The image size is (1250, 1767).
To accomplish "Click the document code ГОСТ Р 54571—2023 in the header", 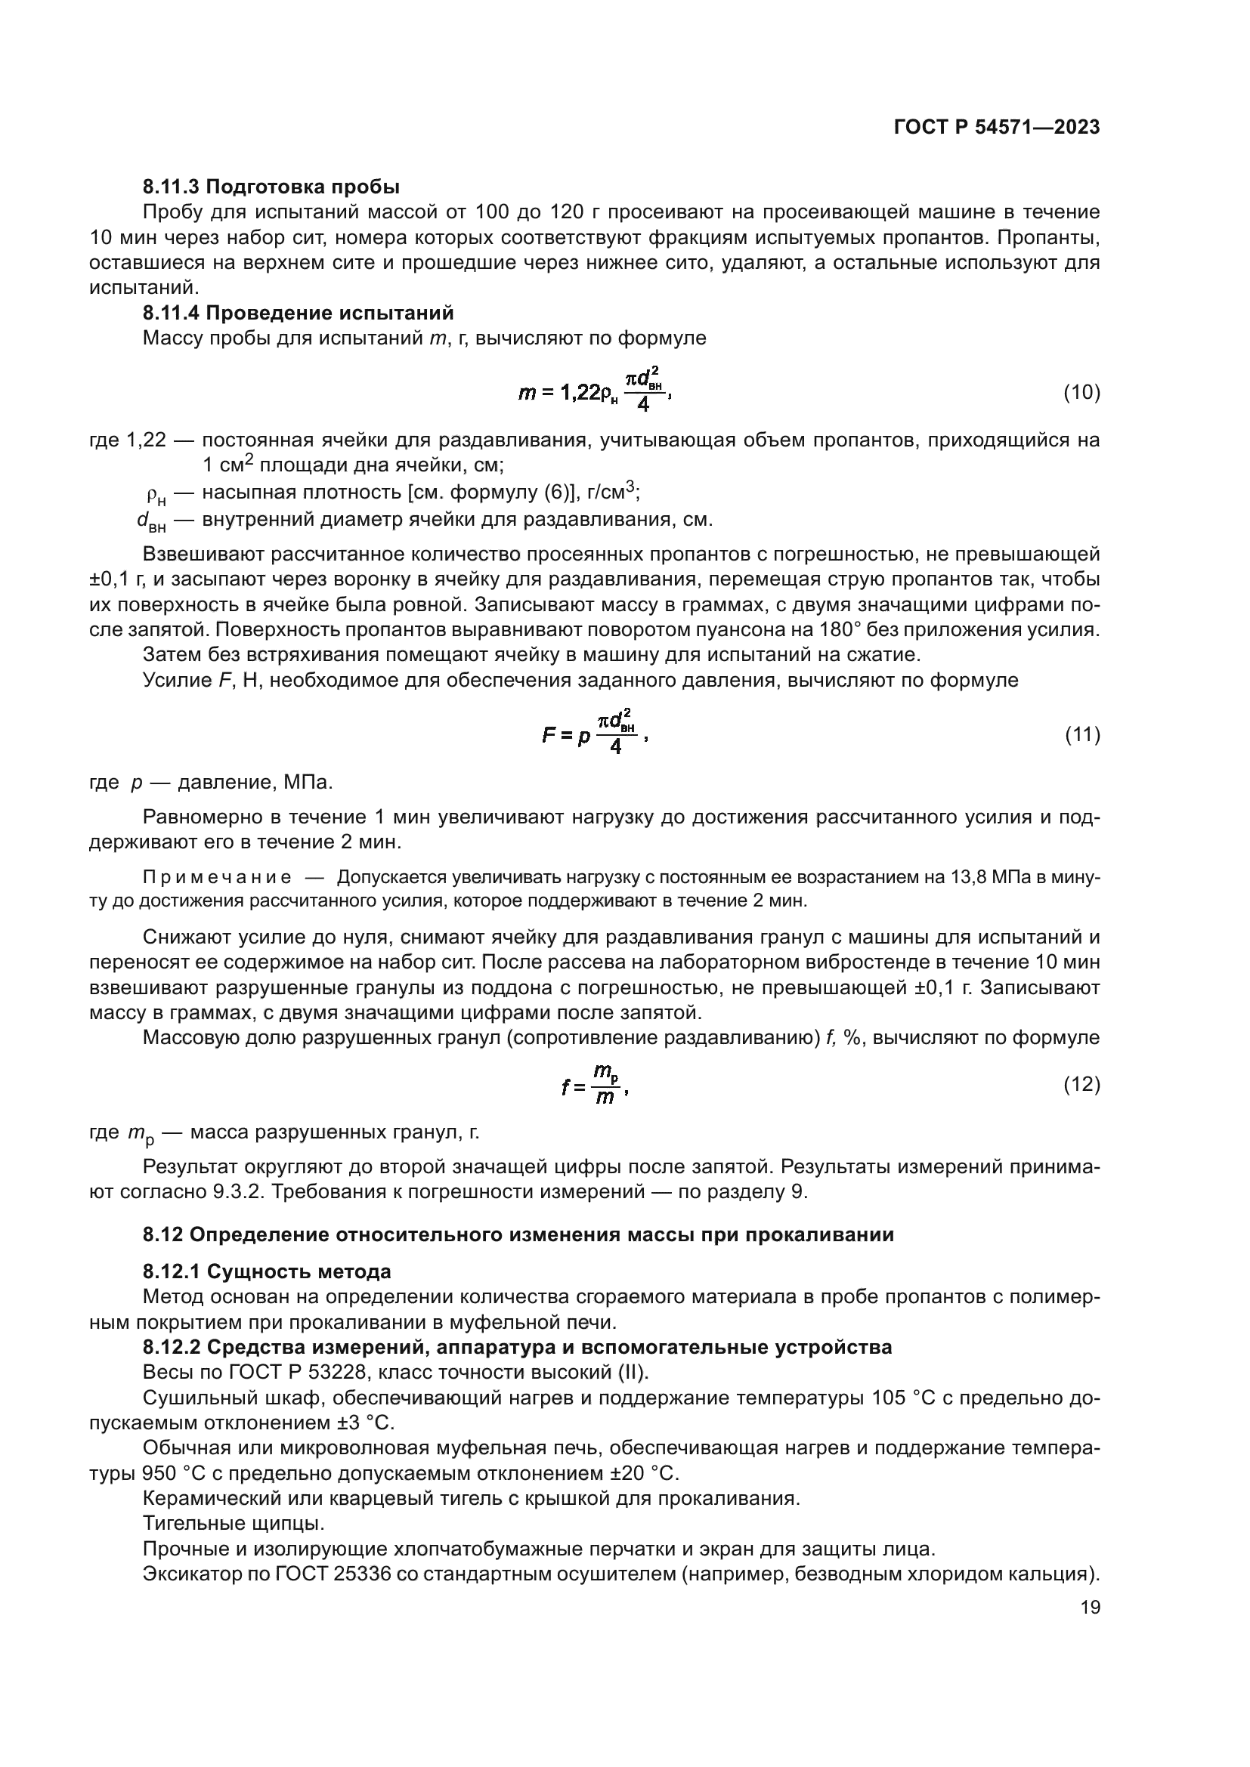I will [997, 128].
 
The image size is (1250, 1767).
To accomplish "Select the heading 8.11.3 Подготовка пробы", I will [271, 187].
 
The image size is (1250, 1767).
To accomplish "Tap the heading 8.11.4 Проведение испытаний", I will [298, 314].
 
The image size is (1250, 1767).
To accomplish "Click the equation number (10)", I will [1081, 393].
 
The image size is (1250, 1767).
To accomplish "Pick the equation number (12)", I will [1081, 1084].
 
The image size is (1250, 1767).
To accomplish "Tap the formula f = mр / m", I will [595, 1085].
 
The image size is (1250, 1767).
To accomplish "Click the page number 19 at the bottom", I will [1090, 1608].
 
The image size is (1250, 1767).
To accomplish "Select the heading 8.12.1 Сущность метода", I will [266, 1271].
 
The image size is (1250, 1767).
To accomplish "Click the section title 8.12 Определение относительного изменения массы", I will [518, 1235].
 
